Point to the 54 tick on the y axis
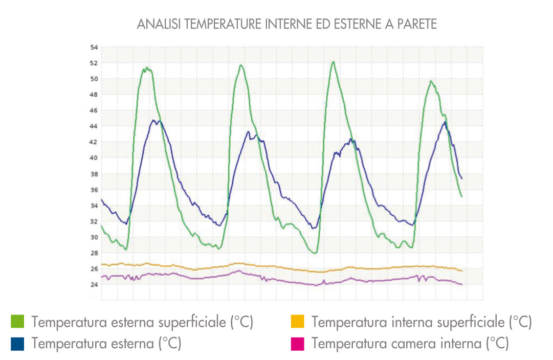pos(94,47)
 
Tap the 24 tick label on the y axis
pos(94,284)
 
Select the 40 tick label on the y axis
pos(94,157)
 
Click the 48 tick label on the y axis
pos(94,95)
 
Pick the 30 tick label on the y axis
pos(94,237)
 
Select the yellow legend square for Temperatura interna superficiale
pos(297,322)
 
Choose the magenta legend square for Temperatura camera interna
pos(297,344)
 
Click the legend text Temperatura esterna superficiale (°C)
pos(143,322)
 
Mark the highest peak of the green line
pos(334,62)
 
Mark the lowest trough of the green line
pos(315,253)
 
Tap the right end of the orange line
pos(462,271)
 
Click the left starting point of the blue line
pos(101,199)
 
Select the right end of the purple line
pos(462,284)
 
